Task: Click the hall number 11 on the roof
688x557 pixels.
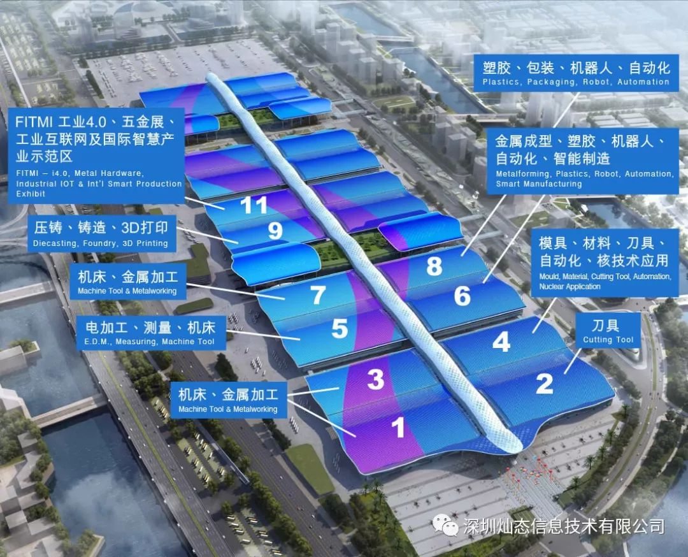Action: [254, 205]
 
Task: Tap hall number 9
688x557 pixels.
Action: [275, 231]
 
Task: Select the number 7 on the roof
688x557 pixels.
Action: [319, 296]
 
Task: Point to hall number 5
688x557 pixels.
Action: [340, 329]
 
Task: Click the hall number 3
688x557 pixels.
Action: [376, 380]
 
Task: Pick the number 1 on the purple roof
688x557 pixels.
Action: [398, 427]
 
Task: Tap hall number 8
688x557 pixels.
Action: [434, 266]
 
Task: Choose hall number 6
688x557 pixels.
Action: [462, 296]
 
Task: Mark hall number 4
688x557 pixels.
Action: [501, 342]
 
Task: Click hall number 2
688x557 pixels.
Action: [545, 383]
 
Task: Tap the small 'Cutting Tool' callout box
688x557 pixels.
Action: [608, 331]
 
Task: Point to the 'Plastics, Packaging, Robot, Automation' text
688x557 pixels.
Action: [576, 82]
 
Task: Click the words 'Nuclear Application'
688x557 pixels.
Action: [570, 287]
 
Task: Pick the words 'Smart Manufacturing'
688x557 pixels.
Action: [539, 184]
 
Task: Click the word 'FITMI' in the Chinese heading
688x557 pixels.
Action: [34, 122]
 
